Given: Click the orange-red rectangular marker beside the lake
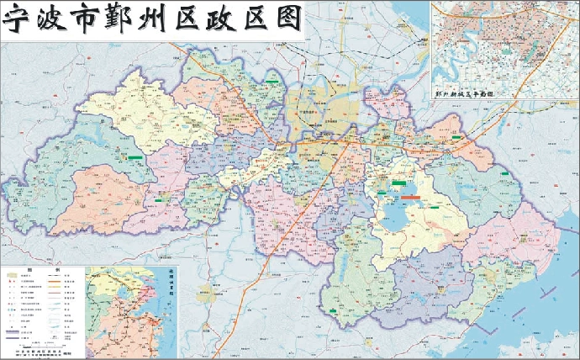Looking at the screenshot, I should tap(412, 196).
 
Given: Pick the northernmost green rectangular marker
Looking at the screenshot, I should tap(273, 82).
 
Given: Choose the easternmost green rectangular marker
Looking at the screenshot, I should tap(504, 174).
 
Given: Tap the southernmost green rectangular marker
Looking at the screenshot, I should tap(335, 310).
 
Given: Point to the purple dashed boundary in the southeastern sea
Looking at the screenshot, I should tap(538, 278).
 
